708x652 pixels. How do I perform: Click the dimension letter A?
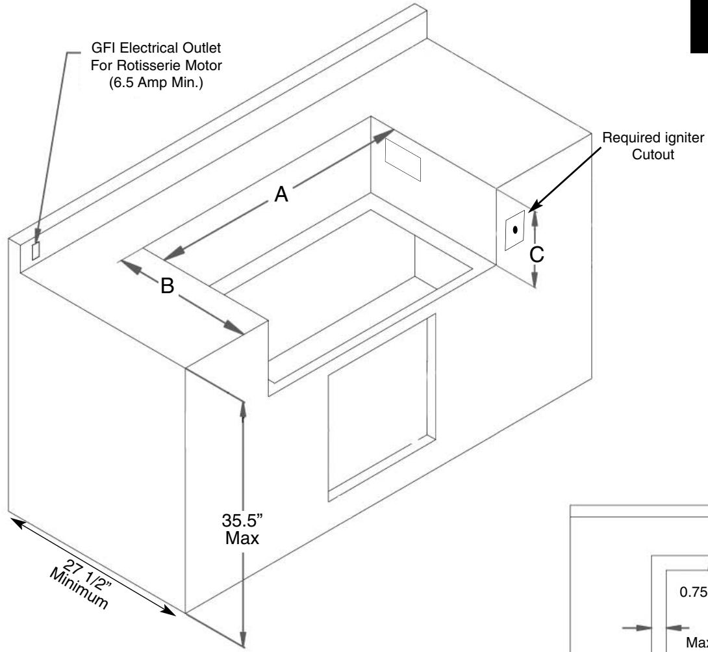(x=281, y=193)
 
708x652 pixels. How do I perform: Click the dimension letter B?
(x=168, y=286)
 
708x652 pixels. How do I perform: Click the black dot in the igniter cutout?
(x=515, y=229)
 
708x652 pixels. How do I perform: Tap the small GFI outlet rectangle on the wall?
(x=36, y=250)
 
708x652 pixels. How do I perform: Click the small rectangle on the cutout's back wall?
(x=403, y=159)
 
